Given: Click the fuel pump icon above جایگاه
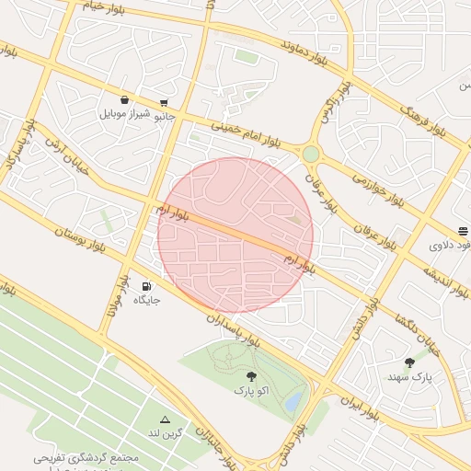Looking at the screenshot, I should (147, 287).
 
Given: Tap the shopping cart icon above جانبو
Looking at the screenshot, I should (164, 102).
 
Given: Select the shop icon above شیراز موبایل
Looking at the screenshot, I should (124, 100).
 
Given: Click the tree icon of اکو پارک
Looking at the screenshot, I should (251, 375).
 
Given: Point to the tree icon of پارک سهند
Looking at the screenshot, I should (409, 362).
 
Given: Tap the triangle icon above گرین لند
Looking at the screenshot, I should (166, 419).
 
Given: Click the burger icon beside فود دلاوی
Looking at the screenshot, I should (463, 232).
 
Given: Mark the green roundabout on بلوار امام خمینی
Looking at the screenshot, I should (311, 154).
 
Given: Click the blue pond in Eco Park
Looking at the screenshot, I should (293, 400).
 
